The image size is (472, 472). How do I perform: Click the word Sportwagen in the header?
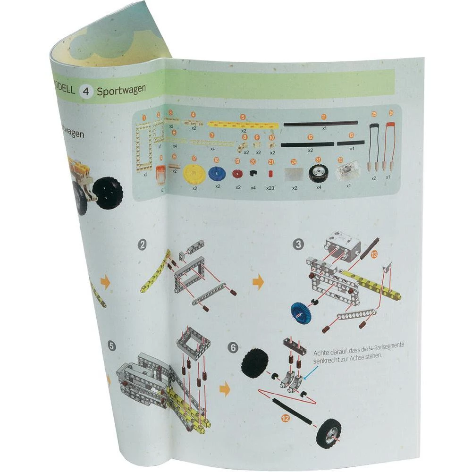(121, 90)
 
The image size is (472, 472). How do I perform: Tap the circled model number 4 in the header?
(85, 91)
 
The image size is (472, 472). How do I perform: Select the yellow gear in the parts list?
(193, 173)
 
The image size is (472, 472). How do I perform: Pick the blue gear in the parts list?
(217, 173)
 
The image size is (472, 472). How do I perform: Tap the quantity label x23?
(270, 187)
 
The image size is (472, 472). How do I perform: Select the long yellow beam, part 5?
(243, 124)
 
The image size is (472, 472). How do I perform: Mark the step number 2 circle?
(142, 245)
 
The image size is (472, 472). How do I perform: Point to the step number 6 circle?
(233, 347)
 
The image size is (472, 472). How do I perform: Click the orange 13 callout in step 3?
(374, 254)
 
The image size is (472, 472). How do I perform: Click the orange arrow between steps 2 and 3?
(258, 282)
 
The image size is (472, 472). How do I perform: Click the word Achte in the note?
(322, 353)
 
